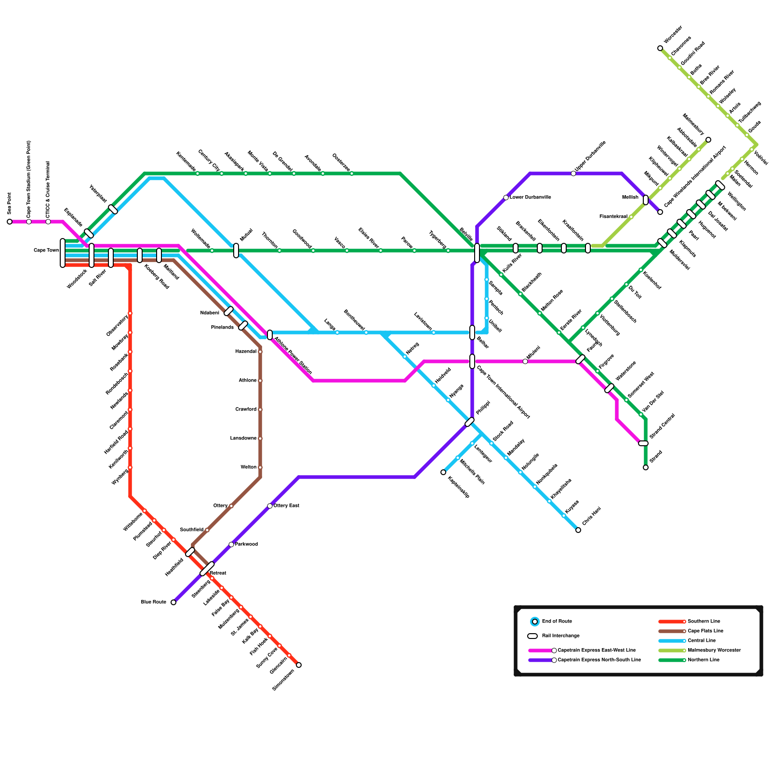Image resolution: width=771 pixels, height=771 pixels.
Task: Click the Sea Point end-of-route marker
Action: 10,222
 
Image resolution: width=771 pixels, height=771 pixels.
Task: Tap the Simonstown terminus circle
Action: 299,665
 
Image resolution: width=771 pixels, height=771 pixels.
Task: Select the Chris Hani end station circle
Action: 578,530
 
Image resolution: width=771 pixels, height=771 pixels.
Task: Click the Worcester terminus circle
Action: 660,48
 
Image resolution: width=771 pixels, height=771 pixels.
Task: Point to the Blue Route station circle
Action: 173,602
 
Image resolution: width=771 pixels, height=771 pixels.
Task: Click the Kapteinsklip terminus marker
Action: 443,472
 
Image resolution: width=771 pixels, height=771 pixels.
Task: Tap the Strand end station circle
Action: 646,467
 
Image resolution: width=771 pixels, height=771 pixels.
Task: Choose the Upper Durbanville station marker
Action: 573,173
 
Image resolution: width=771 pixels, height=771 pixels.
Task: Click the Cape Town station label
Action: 46,251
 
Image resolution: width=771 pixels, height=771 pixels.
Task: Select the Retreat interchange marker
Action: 207,569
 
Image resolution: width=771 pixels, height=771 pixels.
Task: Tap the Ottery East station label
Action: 286,506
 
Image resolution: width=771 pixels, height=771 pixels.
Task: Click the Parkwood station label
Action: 246,545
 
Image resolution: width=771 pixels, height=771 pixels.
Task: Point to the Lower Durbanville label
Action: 531,198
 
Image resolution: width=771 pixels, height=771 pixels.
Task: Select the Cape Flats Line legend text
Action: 705,631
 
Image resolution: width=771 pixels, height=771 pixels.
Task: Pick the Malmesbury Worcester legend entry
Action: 714,651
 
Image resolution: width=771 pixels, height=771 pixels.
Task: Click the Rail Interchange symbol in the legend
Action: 532,636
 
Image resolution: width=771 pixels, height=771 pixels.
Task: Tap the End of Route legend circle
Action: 535,622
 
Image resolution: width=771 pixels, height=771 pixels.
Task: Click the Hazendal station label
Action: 246,352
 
